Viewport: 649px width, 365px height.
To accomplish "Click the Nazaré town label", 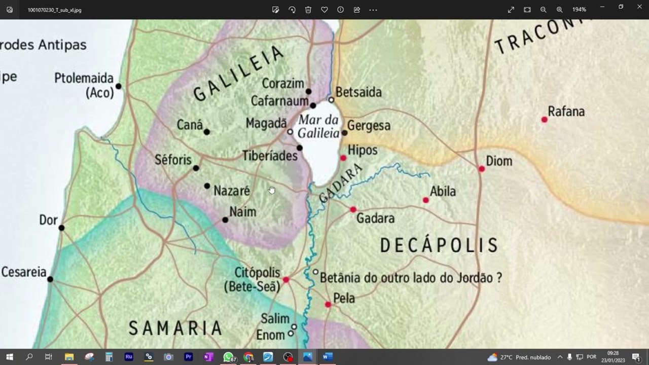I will pyautogui.click(x=232, y=191).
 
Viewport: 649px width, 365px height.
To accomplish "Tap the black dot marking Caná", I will pyautogui.click(x=206, y=132).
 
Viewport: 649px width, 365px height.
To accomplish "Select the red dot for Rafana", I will pyautogui.click(x=545, y=120).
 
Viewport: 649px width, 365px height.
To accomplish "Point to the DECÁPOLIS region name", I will pyautogui.click(x=439, y=246).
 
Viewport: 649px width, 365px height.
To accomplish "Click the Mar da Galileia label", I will pyautogui.click(x=318, y=127).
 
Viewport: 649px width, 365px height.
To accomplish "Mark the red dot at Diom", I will pyautogui.click(x=482, y=169).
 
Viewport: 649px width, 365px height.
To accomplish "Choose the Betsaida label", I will pyautogui.click(x=358, y=92).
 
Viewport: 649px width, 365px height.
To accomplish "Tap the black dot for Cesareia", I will pyautogui.click(x=50, y=279).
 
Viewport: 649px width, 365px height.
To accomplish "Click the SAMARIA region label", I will pyautogui.click(x=175, y=328).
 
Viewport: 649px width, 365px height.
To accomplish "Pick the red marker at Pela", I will pyautogui.click(x=328, y=305).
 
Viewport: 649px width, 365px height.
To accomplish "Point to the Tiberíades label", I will pyautogui.click(x=270, y=156).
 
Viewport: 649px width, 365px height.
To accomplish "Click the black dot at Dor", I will pyautogui.click(x=61, y=228).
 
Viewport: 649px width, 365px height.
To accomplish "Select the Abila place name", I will pyautogui.click(x=443, y=192).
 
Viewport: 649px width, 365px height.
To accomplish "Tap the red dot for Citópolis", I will pyautogui.click(x=286, y=280).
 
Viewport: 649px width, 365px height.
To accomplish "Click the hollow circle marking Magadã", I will pyautogui.click(x=290, y=132).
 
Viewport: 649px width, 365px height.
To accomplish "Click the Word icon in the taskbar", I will pyautogui.click(x=327, y=357).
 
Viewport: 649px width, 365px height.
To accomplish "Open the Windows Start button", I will pyautogui.click(x=10, y=357).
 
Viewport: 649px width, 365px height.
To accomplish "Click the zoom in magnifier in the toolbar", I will pyautogui.click(x=559, y=10).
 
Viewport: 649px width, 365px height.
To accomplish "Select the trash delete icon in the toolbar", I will pyautogui.click(x=308, y=10).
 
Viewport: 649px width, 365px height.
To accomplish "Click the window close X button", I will pyautogui.click(x=639, y=7).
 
